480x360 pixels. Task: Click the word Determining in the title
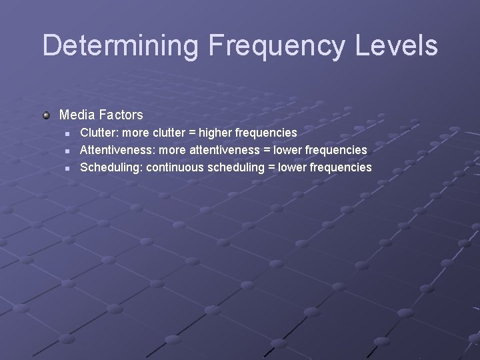(x=121, y=45)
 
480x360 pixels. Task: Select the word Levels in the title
(x=399, y=45)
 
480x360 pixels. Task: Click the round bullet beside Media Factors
(x=46, y=115)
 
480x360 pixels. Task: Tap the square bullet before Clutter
(x=67, y=133)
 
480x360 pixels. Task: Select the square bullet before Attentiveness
(x=67, y=151)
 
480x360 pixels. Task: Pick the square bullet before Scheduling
(x=67, y=167)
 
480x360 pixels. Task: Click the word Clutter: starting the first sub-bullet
(x=98, y=133)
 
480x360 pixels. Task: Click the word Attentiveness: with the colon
(x=117, y=150)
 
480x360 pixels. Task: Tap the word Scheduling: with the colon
(x=111, y=167)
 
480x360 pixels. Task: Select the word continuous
(x=175, y=167)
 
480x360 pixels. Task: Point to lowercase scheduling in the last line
(x=236, y=167)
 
